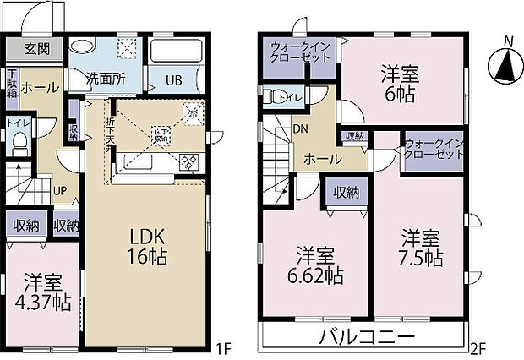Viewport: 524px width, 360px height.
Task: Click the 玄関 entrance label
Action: coord(36,47)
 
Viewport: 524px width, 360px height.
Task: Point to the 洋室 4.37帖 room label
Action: coord(46,291)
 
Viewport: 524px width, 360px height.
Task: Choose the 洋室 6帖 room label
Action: coord(402,82)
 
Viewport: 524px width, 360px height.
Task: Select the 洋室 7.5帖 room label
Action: coord(420,247)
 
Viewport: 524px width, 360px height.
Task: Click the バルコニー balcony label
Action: coord(366,336)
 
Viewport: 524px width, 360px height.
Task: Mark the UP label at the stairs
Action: coord(61,190)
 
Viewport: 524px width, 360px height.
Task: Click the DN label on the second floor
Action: coord(301,129)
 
